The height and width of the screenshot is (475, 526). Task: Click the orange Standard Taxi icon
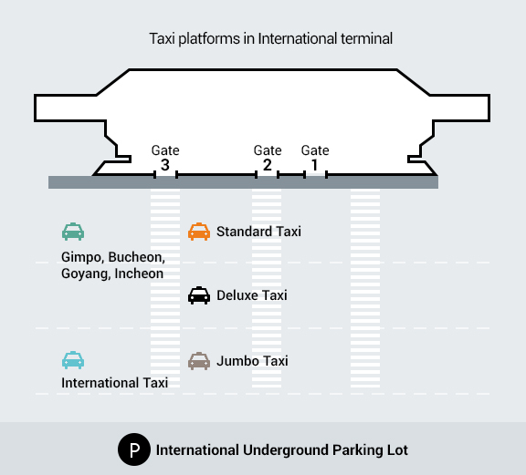pyautogui.click(x=199, y=232)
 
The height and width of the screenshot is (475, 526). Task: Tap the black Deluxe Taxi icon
pyautogui.click(x=199, y=295)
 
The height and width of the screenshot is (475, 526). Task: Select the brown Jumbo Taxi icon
pyautogui.click(x=199, y=361)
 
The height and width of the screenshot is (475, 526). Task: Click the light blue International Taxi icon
pyautogui.click(x=73, y=360)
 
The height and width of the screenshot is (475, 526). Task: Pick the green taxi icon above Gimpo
pyautogui.click(x=73, y=232)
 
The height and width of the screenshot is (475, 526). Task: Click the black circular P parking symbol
pyautogui.click(x=134, y=449)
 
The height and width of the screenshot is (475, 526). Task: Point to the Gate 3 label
pyautogui.click(x=165, y=158)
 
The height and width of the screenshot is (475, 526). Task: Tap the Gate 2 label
pyautogui.click(x=268, y=158)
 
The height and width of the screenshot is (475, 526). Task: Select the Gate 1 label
pyautogui.click(x=315, y=158)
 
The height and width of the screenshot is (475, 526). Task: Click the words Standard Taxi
pyautogui.click(x=258, y=232)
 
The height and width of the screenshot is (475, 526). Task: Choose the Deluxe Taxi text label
pyautogui.click(x=252, y=295)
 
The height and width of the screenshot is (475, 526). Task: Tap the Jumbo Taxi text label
pyautogui.click(x=252, y=361)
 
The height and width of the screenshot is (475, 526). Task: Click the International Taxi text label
pyautogui.click(x=114, y=383)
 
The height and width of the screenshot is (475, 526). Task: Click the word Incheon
pyautogui.click(x=139, y=274)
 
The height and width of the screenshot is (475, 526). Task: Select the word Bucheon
pyautogui.click(x=137, y=257)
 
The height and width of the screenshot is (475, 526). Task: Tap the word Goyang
pyautogui.click(x=86, y=274)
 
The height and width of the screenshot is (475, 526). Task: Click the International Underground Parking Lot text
pyautogui.click(x=282, y=450)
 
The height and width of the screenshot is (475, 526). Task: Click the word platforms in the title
pyautogui.click(x=209, y=39)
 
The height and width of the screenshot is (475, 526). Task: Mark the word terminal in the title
pyautogui.click(x=367, y=38)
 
